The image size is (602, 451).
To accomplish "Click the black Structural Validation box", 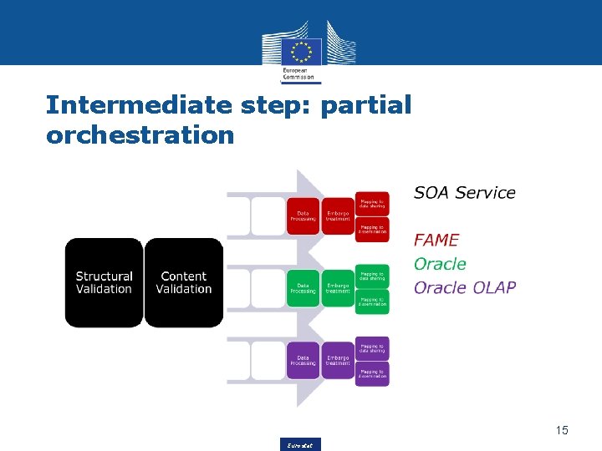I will click(x=104, y=282).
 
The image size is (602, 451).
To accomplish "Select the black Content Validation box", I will click(x=184, y=282).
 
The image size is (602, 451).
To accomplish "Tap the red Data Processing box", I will click(x=303, y=216).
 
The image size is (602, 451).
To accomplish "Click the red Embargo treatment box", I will click(x=338, y=216).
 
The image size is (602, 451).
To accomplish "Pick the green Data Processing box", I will click(x=303, y=288).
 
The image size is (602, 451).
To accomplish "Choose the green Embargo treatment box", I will click(x=338, y=288).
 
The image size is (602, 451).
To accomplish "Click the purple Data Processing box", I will click(x=303, y=360).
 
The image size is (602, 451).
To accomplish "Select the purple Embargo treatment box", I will click(x=338, y=360).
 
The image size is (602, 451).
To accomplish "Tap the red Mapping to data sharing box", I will click(x=372, y=204).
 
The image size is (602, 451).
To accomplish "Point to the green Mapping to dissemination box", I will click(x=372, y=302).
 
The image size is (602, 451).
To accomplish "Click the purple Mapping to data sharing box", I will click(x=372, y=347).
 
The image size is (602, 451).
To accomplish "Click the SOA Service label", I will click(x=464, y=193).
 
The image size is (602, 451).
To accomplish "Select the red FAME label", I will click(x=436, y=240).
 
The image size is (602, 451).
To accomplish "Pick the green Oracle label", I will click(x=440, y=264).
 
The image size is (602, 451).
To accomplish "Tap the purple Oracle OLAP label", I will click(x=465, y=288).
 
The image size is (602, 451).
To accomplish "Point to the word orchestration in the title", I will click(x=140, y=134).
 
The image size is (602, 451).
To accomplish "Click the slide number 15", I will click(x=561, y=430).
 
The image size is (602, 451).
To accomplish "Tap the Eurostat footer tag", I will click(x=301, y=444).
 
